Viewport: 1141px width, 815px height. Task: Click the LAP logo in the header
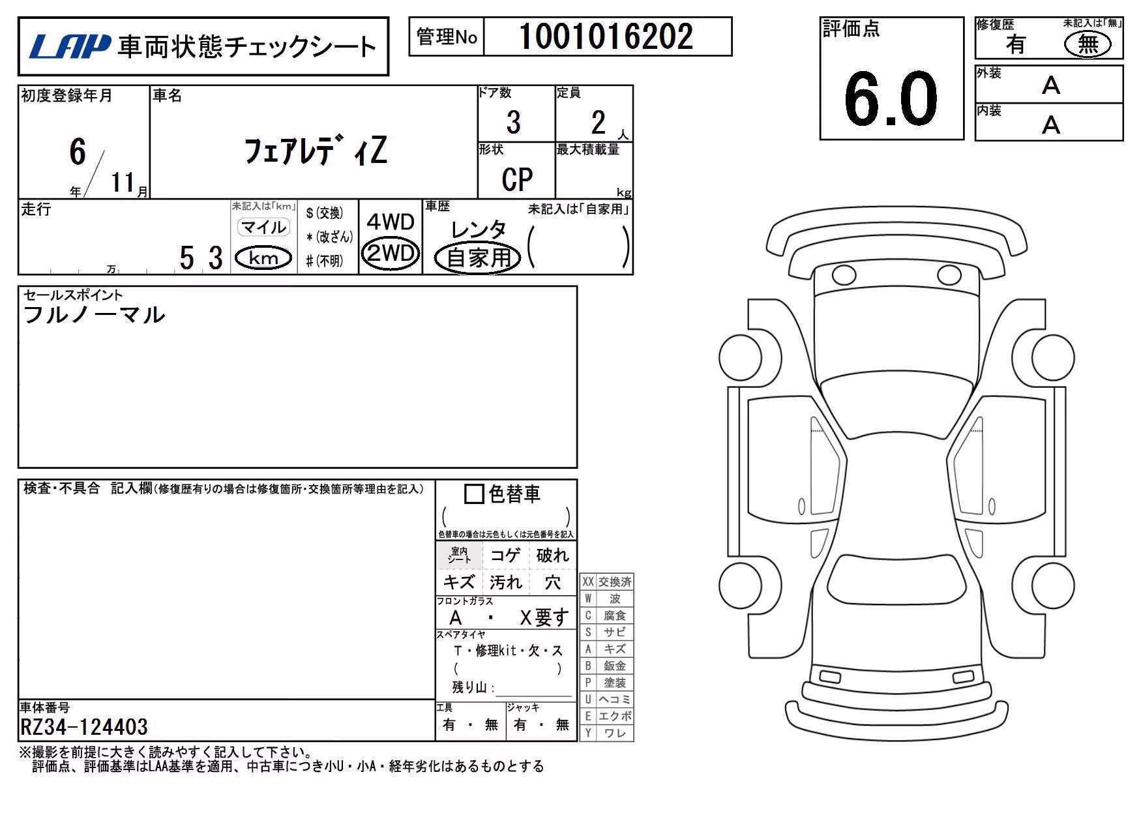(70, 46)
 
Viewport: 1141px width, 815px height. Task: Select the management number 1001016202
(606, 37)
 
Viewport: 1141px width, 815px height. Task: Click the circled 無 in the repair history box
(1087, 44)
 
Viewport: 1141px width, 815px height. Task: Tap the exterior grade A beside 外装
(1051, 85)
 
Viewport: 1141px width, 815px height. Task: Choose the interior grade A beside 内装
(1051, 125)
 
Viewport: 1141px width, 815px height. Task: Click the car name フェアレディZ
(316, 151)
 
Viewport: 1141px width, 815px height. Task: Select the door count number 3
(514, 123)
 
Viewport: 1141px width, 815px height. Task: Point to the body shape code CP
(517, 179)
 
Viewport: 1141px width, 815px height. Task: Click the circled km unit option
(263, 258)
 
